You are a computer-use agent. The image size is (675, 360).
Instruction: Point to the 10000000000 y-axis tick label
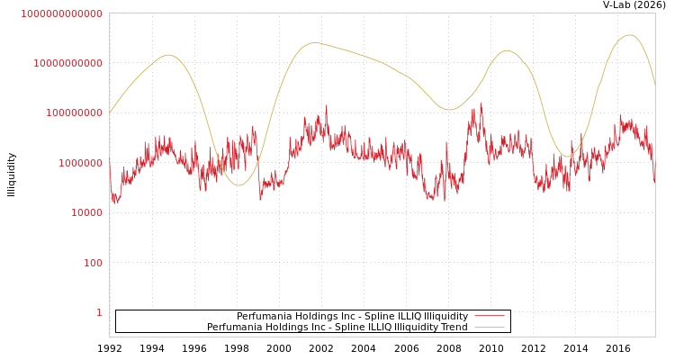pos(67,63)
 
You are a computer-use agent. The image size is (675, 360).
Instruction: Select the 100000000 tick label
pos(74,113)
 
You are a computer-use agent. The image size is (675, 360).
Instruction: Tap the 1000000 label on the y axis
pos(80,163)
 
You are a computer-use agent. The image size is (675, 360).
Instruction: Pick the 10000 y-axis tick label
pos(86,212)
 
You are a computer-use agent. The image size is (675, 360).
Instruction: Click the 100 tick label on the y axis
pos(93,263)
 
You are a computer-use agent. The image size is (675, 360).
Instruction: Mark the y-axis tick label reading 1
pos(99,312)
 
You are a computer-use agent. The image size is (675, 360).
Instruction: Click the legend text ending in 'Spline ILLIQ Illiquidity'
pos(352,317)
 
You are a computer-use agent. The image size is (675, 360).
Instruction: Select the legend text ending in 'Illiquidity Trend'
pos(337,328)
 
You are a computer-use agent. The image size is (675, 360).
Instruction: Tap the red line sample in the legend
pos(489,317)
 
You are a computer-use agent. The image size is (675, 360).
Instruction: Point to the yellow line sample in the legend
pos(489,328)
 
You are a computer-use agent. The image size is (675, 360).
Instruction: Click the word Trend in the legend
pos(452,328)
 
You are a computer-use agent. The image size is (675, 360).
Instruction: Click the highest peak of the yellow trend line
pos(629,35)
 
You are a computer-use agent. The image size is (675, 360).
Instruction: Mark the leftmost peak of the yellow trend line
pos(168,55)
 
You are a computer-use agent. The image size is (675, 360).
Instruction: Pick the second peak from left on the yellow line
pos(314,42)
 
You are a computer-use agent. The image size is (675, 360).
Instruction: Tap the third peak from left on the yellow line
pos(507,50)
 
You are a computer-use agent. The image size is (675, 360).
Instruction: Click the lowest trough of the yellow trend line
pos(238,185)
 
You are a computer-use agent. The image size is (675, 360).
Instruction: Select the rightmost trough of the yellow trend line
pos(566,157)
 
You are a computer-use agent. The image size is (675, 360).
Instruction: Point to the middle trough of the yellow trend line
pos(449,110)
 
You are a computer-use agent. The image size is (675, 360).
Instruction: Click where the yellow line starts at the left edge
pos(110,112)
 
